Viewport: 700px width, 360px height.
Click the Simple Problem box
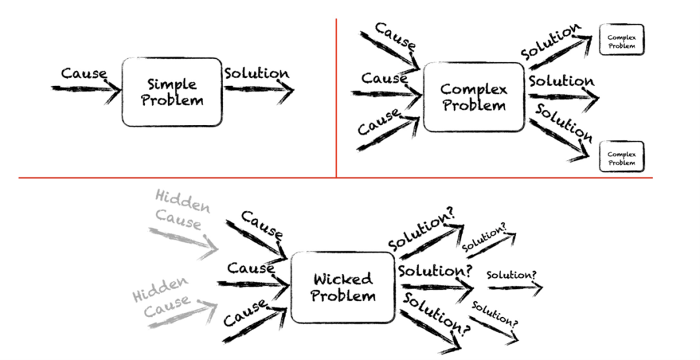(172, 92)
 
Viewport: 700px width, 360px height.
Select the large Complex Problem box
(473, 97)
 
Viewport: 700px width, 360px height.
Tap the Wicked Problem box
(342, 287)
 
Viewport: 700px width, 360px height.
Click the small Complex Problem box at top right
(621, 40)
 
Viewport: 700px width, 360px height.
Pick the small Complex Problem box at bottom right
(621, 157)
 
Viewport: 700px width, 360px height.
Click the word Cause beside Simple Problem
(83, 73)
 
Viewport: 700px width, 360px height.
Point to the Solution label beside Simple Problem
(256, 73)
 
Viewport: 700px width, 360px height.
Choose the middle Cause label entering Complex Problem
(384, 79)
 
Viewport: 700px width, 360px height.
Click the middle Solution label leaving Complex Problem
(561, 81)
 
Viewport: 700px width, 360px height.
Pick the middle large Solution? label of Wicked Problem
(435, 271)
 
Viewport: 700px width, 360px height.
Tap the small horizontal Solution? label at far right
(511, 275)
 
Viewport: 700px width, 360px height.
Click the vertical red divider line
(336, 96)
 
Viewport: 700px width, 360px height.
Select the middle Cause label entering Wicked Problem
(251, 268)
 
